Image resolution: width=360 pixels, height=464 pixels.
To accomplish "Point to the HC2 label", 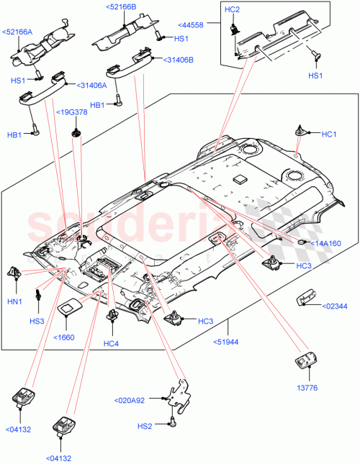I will pos(232,9).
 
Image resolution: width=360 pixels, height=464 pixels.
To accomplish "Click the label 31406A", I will pos(89,85).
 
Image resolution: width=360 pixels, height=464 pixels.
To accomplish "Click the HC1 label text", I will pos(329,134).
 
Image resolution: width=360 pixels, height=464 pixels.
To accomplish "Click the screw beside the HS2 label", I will pos(173,424).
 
